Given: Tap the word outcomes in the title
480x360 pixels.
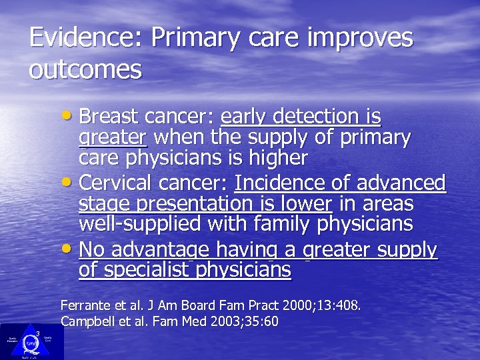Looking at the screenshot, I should pyautogui.click(x=85, y=70).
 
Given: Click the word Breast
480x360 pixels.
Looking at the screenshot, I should pyautogui.click(x=106, y=117).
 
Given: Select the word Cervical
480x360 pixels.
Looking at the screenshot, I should pyautogui.click(x=115, y=183).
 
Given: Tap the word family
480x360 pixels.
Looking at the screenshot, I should pyautogui.click(x=275, y=225).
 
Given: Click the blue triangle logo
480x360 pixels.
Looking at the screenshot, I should pyautogui.click(x=31, y=340).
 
